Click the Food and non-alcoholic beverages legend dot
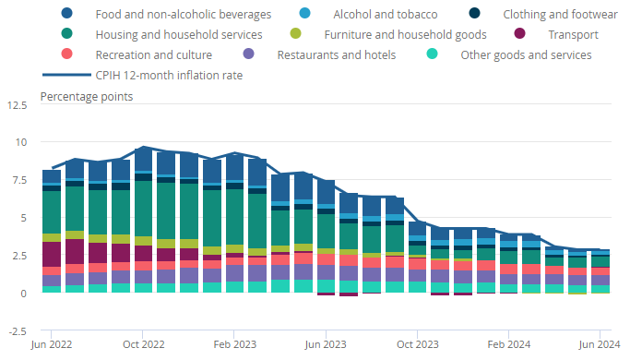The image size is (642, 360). pos(66,13)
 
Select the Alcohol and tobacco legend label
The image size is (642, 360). pos(386,15)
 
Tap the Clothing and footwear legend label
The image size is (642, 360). pos(560,15)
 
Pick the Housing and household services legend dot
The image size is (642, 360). pos(66,33)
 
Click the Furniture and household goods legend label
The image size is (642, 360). pos(405,35)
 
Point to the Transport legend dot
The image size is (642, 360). pos(519,33)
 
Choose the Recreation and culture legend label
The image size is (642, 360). pos(153,54)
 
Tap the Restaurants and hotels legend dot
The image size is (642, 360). pos(248,54)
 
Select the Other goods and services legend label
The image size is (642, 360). pos(526,54)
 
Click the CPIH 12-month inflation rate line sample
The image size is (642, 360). pos(66,75)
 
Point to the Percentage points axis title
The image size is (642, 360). pos(87,97)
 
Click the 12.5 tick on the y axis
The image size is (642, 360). pos(18,105)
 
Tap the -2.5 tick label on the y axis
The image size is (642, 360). pos(18,331)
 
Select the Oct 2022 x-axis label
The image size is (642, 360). pos(143,344)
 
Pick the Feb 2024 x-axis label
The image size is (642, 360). pos(508,344)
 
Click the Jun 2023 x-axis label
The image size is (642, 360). pos(326,344)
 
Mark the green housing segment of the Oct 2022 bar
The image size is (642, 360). pos(143,209)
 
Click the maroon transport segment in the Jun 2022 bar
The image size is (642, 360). pos(52,255)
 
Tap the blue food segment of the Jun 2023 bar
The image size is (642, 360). pos(326,192)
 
